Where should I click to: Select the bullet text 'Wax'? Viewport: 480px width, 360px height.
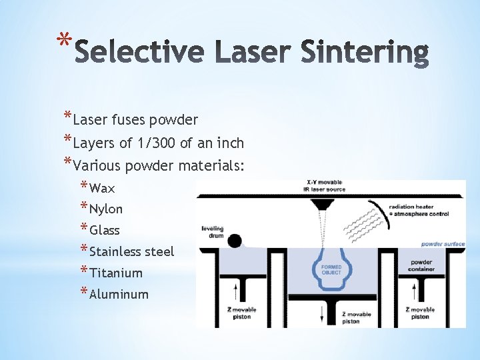tap(102, 188)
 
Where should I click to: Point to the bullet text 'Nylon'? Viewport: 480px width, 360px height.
tap(106, 209)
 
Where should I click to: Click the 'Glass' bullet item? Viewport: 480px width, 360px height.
tap(105, 231)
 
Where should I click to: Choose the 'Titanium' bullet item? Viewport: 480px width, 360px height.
tap(116, 273)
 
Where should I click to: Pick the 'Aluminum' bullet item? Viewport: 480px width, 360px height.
tap(119, 294)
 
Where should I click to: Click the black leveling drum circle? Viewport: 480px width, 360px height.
tap(234, 241)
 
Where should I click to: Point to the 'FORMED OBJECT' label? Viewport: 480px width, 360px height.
tap(331, 270)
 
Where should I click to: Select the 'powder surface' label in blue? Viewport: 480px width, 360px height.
tap(443, 244)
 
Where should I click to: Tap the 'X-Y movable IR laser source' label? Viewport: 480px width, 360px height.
tap(326, 186)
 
